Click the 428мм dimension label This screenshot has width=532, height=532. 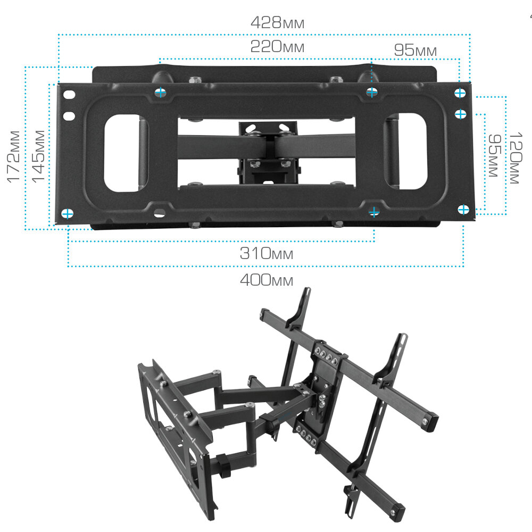pos(277,22)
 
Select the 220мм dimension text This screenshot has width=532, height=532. pos(277,46)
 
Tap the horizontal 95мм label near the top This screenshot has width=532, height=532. pos(415,50)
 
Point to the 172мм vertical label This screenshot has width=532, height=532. pos(14,157)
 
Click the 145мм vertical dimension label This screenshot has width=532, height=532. pos(38,157)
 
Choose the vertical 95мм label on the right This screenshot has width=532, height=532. pos(494,155)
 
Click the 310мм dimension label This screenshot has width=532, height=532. pos(267,253)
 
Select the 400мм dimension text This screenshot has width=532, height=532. pos(267,280)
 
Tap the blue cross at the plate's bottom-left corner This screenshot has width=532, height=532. pos(67,214)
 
